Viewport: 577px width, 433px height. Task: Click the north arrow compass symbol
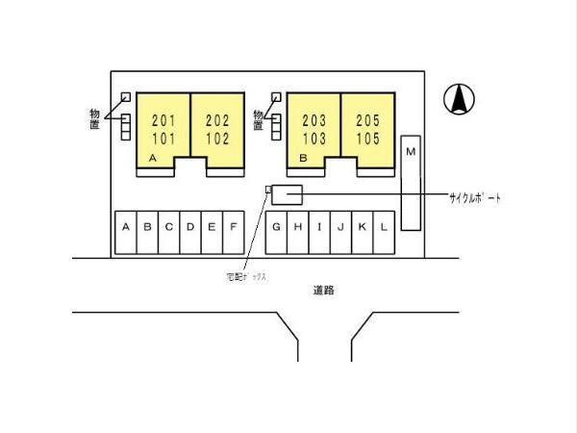click(459, 98)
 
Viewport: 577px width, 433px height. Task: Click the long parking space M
click(411, 182)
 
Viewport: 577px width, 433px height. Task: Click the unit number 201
click(164, 121)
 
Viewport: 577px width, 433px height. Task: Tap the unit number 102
click(217, 138)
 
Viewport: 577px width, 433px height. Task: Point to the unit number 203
click(314, 121)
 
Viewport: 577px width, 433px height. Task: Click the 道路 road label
click(323, 289)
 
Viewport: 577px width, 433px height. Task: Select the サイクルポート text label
click(475, 199)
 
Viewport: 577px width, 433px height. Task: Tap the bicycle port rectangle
click(287, 194)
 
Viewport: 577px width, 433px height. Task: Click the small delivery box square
click(267, 189)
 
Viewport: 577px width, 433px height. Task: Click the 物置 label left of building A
click(94, 119)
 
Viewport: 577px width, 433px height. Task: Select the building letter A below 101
click(152, 157)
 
